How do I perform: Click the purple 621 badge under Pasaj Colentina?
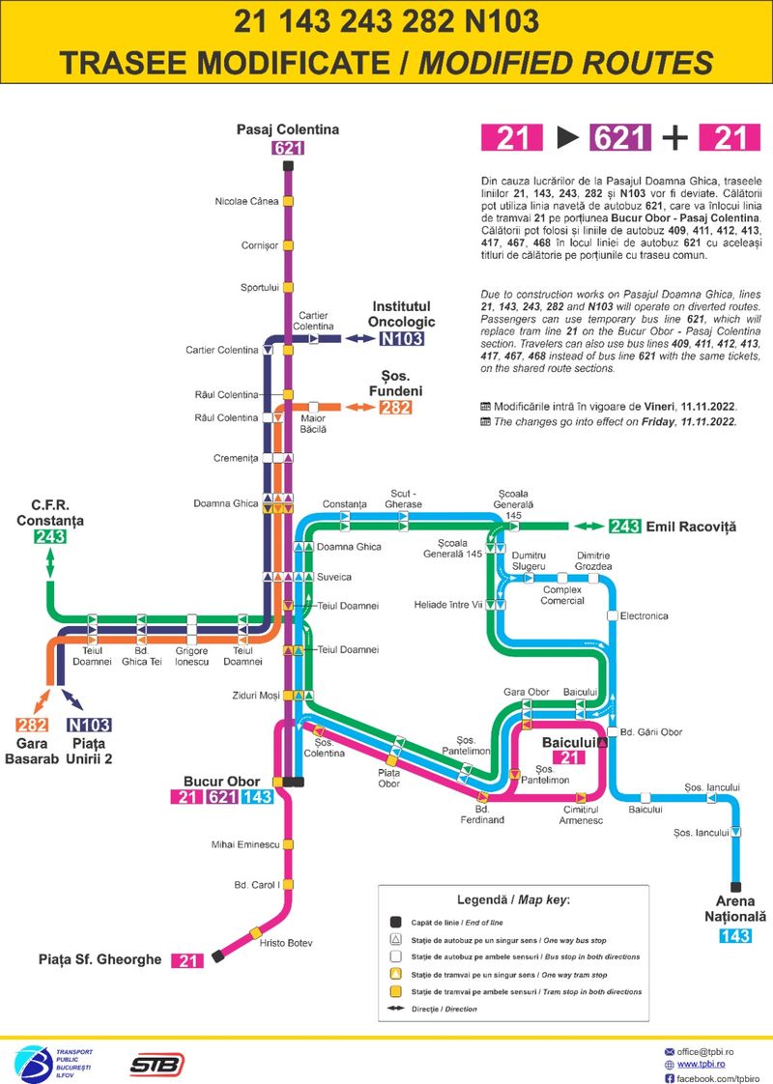288,148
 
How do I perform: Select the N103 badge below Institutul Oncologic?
402,338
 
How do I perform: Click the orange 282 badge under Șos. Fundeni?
395,408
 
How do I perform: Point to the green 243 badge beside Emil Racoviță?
625,527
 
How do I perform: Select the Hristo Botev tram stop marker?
256,931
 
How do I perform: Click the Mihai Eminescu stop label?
245,844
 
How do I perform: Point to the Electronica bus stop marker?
612,615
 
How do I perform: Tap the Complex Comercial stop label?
562,595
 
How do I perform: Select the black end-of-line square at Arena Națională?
736,887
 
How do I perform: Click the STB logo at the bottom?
157,1064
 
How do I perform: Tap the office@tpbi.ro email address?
718,1050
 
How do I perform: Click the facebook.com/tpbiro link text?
718,1077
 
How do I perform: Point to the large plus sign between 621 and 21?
675,138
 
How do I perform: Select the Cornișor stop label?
259,245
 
